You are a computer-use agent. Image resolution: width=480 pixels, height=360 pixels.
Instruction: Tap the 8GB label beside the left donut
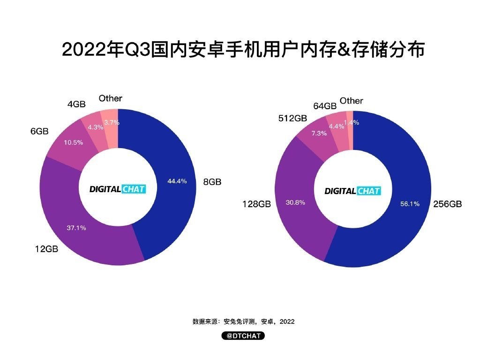[x=212, y=182]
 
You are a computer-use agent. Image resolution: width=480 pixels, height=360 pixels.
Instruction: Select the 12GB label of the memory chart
[x=46, y=249]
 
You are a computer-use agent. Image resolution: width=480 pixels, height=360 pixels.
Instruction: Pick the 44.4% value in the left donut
[x=177, y=181]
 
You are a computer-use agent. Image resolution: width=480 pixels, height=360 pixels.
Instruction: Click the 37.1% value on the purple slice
[x=76, y=228]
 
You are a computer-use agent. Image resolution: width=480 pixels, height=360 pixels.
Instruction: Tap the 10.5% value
[x=74, y=142]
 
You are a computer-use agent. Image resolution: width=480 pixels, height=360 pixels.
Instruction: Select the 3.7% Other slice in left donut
[x=112, y=122]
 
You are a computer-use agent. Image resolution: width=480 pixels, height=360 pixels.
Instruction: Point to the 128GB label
[x=256, y=204]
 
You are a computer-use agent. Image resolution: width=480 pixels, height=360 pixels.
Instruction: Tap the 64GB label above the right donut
[x=325, y=106]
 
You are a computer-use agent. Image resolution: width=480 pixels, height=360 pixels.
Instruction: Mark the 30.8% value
[x=295, y=202]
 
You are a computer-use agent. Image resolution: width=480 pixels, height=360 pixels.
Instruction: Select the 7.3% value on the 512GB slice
[x=318, y=133]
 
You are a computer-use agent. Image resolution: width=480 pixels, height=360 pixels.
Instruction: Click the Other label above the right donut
[x=351, y=101]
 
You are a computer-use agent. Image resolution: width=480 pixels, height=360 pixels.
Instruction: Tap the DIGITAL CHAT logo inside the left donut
[x=118, y=189]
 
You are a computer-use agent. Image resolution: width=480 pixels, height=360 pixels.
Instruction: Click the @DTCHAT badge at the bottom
[x=243, y=336]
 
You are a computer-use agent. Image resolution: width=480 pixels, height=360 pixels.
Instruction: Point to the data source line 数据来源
[x=243, y=322]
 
